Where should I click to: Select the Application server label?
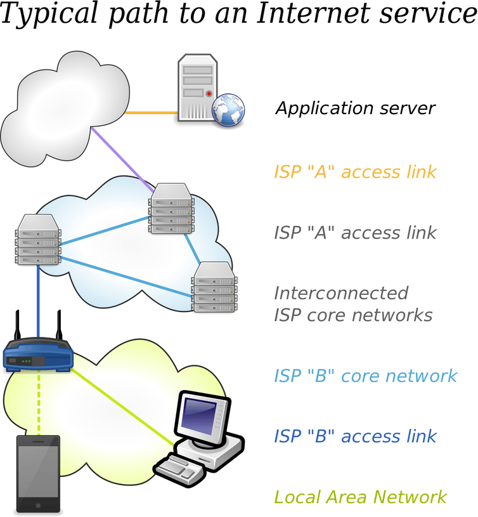tap(355, 108)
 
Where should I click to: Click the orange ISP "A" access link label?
tap(355, 172)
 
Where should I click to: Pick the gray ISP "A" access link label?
tap(355, 232)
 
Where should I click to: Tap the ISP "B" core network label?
tap(365, 376)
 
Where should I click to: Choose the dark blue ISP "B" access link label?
tap(355, 436)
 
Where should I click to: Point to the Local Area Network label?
tap(360, 497)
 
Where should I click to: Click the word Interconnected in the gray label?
tap(341, 293)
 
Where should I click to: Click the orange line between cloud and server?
tap(151, 113)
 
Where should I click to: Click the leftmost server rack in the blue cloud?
tap(38, 239)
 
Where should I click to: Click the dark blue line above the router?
tap(38, 298)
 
